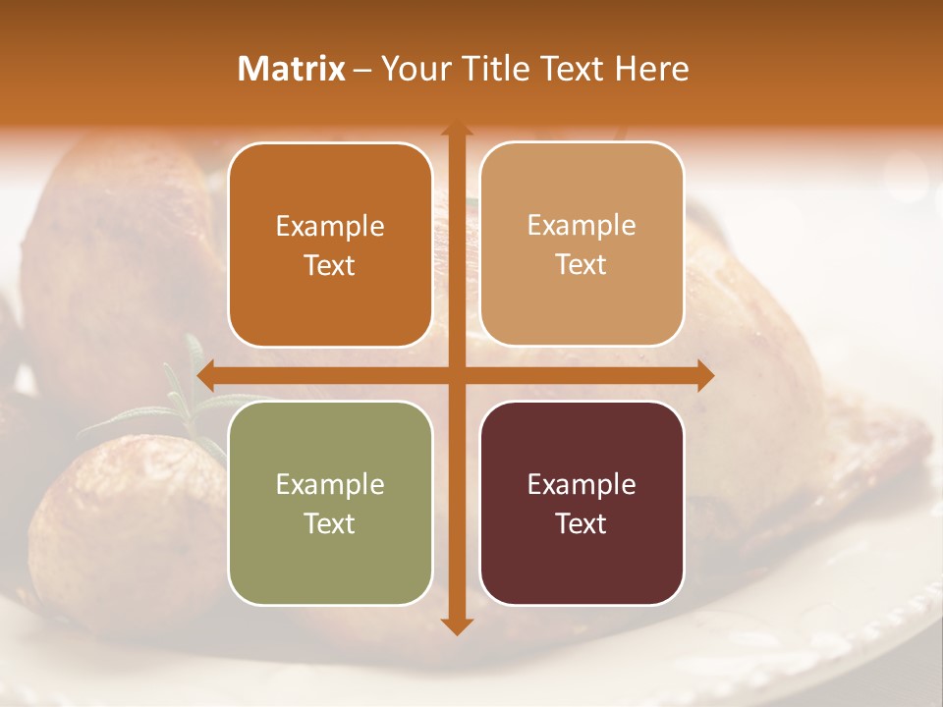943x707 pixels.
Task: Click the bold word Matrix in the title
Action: pos(292,69)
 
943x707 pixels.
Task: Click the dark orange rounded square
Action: pos(330,245)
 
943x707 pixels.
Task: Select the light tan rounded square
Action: pos(582,245)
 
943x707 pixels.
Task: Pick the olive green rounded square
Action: pos(330,503)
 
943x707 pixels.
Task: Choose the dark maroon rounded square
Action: pos(582,503)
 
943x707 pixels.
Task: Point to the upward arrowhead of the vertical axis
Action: pos(456,130)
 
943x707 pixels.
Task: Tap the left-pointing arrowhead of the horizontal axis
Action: pos(205,376)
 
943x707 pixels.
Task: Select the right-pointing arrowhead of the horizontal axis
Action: pos(705,376)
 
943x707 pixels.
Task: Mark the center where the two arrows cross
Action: pos(456,376)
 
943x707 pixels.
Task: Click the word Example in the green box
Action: pos(330,484)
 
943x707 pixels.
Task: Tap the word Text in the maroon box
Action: pos(582,523)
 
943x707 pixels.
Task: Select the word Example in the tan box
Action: pos(582,226)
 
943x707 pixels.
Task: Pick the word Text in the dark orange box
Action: pos(330,265)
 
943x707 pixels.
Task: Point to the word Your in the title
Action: pos(412,69)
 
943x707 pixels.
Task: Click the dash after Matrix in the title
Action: pos(362,70)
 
